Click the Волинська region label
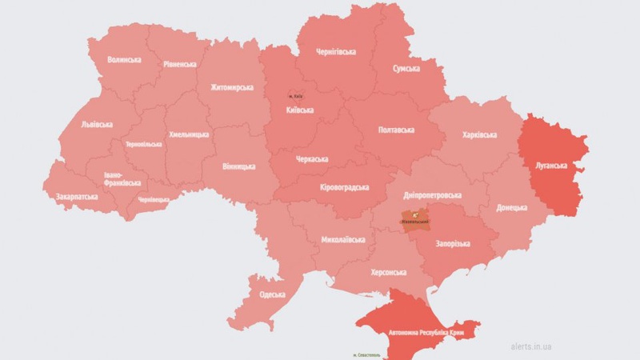click(x=124, y=59)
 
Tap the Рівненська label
click(x=180, y=63)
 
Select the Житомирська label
click(x=232, y=87)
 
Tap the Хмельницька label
click(x=189, y=134)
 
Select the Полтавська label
click(x=395, y=130)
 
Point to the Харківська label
click(x=479, y=134)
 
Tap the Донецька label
click(x=512, y=207)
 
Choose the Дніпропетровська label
click(x=432, y=195)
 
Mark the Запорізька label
click(x=452, y=243)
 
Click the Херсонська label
click(x=389, y=273)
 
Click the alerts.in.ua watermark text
click(x=531, y=347)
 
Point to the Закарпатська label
click(x=77, y=195)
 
